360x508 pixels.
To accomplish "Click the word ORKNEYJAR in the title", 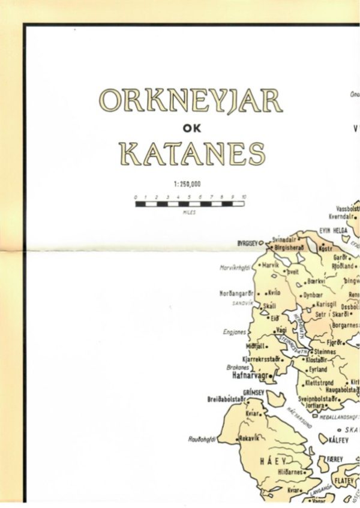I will pyautogui.click(x=190, y=101).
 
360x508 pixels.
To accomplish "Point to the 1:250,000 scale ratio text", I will pyautogui.click(x=190, y=185).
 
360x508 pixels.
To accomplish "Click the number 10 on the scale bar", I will pyautogui.click(x=244, y=197).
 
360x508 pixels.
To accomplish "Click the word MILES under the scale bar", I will pyautogui.click(x=190, y=212).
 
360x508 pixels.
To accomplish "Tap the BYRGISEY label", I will pyautogui.click(x=250, y=243).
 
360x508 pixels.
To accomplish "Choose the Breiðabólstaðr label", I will pyautogui.click(x=226, y=398).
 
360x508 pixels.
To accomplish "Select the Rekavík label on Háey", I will pyautogui.click(x=250, y=438).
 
